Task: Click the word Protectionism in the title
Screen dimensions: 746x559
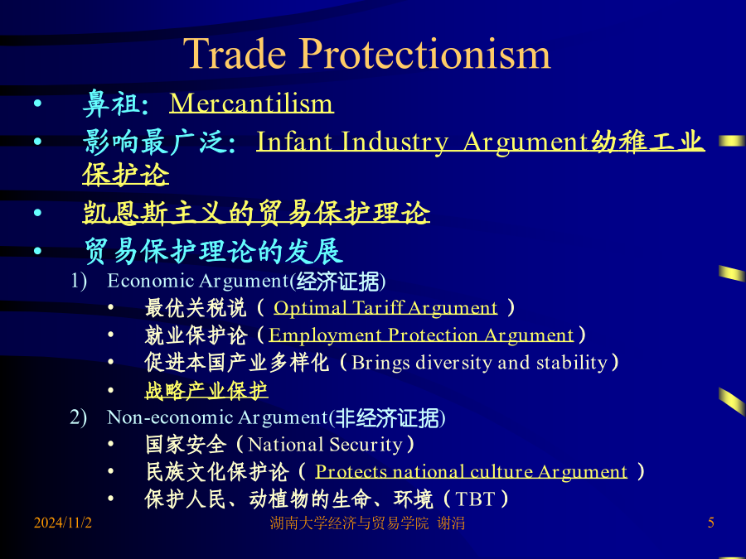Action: pyautogui.click(x=424, y=54)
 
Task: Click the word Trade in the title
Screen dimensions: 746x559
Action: pyautogui.click(x=235, y=53)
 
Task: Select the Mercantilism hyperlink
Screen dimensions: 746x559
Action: pyautogui.click(x=252, y=103)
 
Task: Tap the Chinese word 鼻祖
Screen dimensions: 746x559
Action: pyautogui.click(x=111, y=104)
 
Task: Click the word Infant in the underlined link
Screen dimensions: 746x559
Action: pyautogui.click(x=294, y=142)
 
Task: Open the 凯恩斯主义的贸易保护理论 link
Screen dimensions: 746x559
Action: pyautogui.click(x=256, y=212)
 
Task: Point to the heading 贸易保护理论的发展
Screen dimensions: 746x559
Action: pyautogui.click(x=213, y=251)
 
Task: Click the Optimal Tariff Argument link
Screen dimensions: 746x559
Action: pyautogui.click(x=385, y=308)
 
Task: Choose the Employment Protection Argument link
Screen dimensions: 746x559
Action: pyautogui.click(x=421, y=335)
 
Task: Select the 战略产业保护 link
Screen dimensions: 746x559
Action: pyautogui.click(x=206, y=391)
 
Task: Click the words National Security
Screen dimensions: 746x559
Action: pyautogui.click(x=326, y=445)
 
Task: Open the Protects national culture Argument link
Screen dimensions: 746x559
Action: pyautogui.click(x=471, y=471)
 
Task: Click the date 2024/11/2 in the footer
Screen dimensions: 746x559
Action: pyautogui.click(x=63, y=523)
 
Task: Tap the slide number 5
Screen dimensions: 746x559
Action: pyautogui.click(x=711, y=523)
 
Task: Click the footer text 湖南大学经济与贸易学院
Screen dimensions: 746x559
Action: pyautogui.click(x=349, y=523)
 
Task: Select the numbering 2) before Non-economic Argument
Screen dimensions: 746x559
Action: pyautogui.click(x=79, y=417)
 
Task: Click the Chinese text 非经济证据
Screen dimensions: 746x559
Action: pyautogui.click(x=387, y=418)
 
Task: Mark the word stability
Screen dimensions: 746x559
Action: pyautogui.click(x=572, y=363)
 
